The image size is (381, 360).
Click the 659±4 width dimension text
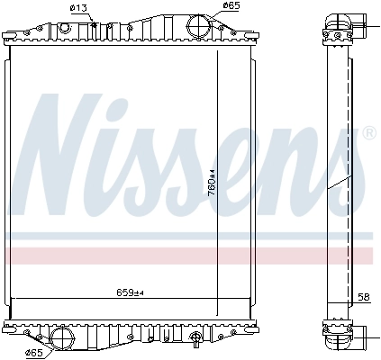click(130, 292)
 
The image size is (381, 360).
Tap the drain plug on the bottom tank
click(196, 340)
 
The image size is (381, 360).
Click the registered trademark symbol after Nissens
click(368, 133)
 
